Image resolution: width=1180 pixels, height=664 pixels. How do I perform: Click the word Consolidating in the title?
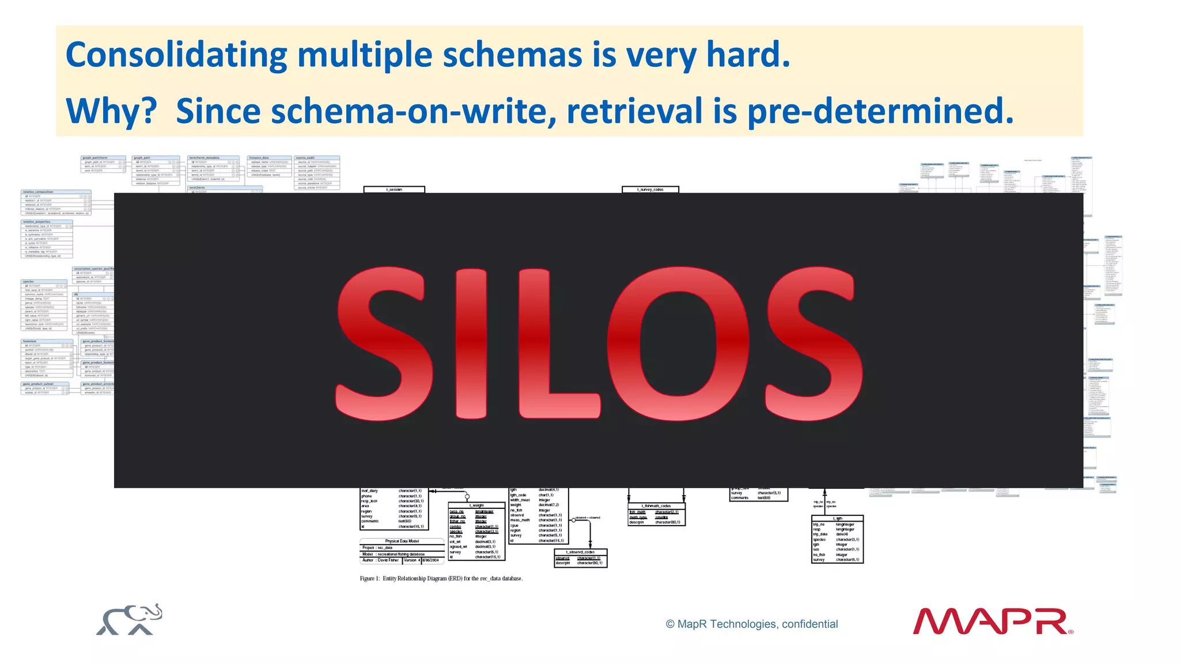[x=176, y=56]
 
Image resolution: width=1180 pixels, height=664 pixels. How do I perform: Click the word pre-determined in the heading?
[x=880, y=111]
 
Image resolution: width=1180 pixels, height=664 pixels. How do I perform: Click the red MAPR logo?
[x=992, y=621]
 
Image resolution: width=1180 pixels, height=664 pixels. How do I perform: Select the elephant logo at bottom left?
[x=129, y=620]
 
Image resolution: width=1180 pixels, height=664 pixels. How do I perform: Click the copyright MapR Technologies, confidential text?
[x=751, y=624]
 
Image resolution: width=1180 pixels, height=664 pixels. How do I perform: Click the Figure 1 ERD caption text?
[x=441, y=578]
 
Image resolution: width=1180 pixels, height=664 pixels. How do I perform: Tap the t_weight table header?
[x=476, y=505]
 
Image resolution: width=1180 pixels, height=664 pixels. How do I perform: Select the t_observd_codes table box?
[x=580, y=557]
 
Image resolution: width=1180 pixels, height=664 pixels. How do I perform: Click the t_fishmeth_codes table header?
[x=656, y=506]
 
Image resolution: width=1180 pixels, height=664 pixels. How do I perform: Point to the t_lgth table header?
[x=837, y=518]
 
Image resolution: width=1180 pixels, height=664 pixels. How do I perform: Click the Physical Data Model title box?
[x=402, y=541]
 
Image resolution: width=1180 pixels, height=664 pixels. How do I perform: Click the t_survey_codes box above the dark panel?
[x=650, y=189]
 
